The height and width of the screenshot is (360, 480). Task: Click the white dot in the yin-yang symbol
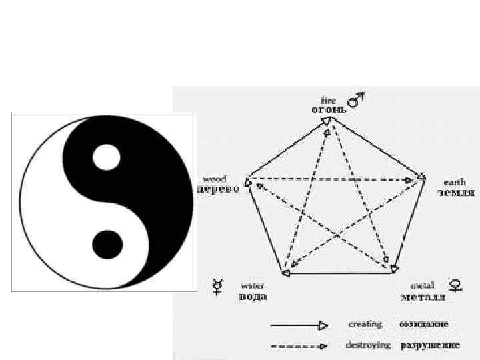pos(107,157)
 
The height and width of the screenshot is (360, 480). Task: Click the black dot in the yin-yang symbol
pos(107,245)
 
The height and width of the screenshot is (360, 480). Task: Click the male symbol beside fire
pos(358,99)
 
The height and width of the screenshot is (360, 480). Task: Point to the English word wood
pos(215,179)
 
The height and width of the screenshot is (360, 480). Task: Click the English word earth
pos(455,182)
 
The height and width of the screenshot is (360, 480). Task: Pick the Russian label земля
pos(456,193)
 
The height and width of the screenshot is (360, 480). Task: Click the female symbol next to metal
pos(456,286)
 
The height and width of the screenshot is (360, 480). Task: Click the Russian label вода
pos(253,297)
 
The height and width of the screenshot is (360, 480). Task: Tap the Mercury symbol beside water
pos(217,287)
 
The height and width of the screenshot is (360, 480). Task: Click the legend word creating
pos(365,324)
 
